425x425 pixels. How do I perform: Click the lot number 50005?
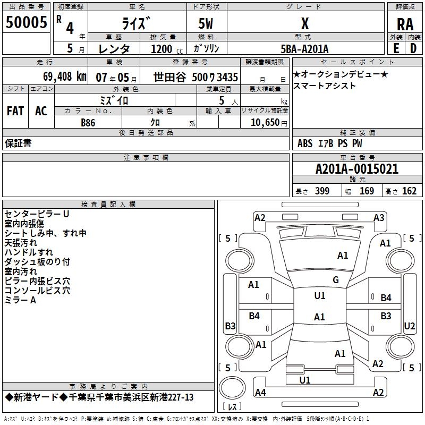point(26,22)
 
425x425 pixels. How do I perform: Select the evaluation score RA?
point(405,24)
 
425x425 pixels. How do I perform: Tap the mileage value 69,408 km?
point(65,76)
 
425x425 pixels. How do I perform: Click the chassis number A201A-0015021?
point(357,169)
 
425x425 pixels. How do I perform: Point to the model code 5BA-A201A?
point(304,49)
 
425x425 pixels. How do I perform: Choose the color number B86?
point(88,123)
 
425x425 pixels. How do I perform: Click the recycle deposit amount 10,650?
point(265,122)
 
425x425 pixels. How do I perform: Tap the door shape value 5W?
point(206,23)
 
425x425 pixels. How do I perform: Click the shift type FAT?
point(15,111)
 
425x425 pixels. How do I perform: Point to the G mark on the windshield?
point(336,279)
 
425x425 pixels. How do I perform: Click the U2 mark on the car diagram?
point(409,326)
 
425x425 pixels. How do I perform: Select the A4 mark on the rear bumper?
point(260,392)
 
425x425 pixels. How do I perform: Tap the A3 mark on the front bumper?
point(379,217)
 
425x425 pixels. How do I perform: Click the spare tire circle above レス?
point(232,388)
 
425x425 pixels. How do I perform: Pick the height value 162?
point(409,191)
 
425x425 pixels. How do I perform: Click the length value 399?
point(322,191)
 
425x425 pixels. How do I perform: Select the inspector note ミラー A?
point(20,300)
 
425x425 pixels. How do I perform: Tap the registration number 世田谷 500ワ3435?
point(195,77)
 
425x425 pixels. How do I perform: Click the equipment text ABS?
point(305,143)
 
